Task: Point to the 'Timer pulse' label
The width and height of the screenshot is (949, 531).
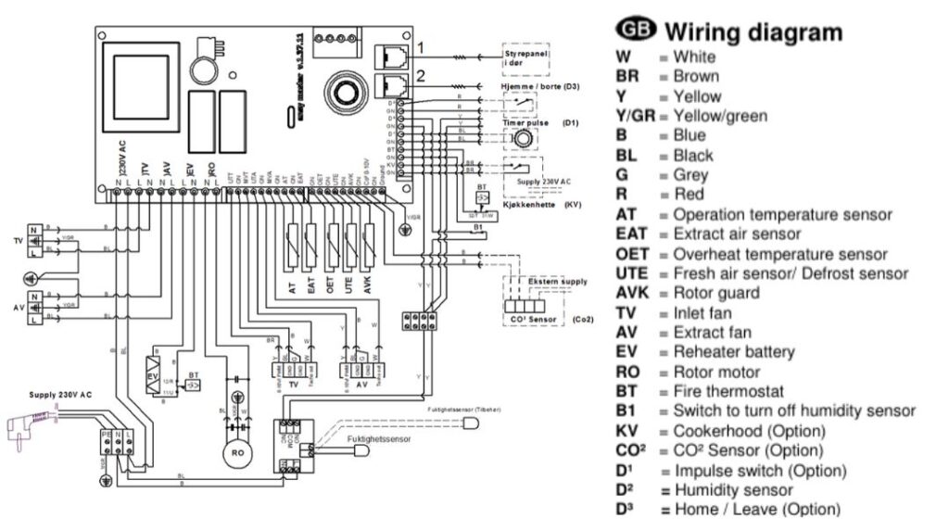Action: (525, 122)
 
